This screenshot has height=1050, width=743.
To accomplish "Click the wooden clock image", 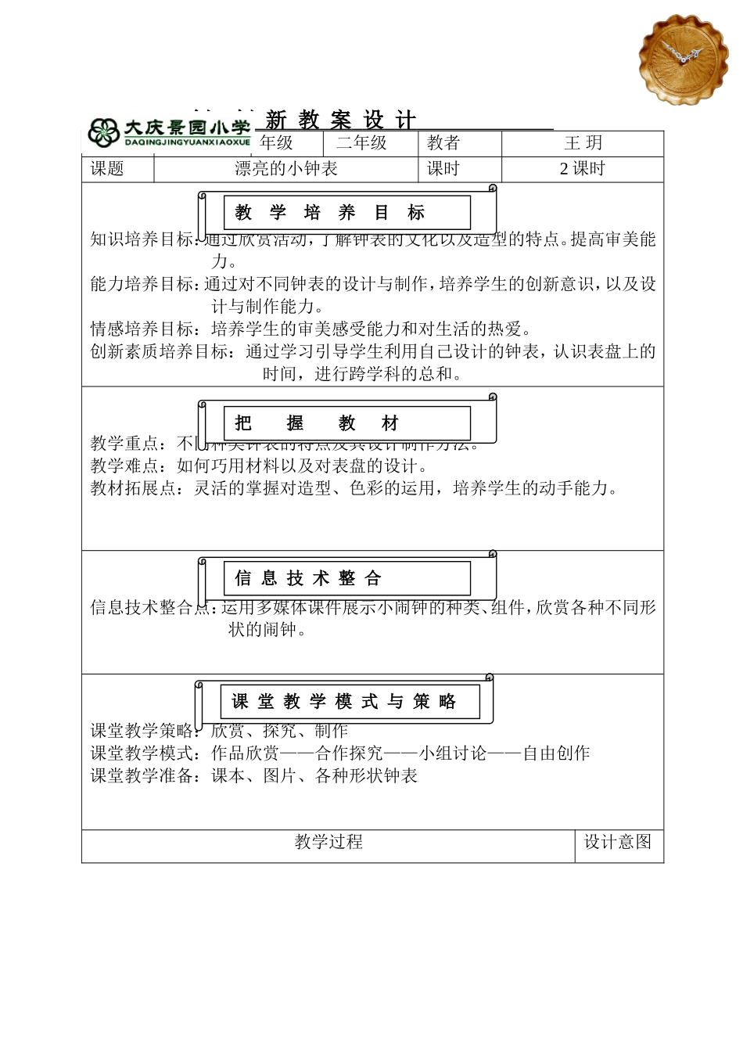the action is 683,58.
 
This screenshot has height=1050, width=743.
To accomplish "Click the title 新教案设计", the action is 340,120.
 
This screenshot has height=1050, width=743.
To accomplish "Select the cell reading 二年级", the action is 361,143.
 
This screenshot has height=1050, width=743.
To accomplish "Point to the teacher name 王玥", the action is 583,143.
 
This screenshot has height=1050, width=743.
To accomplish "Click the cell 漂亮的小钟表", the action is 286,169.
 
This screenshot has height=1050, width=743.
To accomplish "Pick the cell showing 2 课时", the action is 583,169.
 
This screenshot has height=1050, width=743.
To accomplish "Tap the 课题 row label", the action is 107,169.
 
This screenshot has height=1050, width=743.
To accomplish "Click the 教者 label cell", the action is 443,143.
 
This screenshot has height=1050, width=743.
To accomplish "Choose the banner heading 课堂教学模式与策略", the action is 344,702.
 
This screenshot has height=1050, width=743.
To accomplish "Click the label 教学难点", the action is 128,466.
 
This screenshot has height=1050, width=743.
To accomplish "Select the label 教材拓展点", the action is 137,489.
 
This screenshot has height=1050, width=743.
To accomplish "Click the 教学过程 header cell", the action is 328,842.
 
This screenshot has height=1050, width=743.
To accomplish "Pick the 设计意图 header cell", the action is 618,842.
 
